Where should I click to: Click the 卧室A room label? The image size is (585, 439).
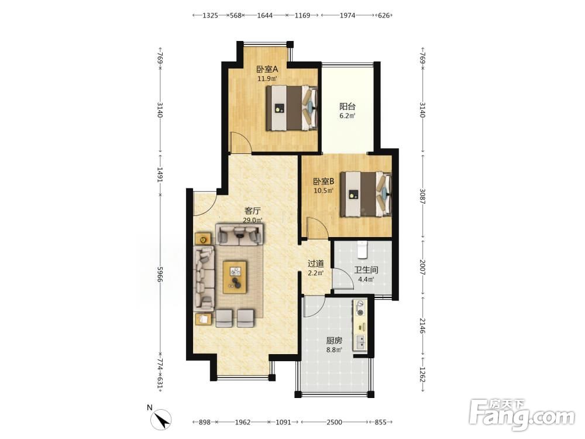(267, 70)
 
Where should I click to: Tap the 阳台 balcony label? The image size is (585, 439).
(347, 107)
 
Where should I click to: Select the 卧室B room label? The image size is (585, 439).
(324, 182)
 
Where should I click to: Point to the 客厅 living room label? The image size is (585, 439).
(253, 211)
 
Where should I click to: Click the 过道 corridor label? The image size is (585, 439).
(316, 264)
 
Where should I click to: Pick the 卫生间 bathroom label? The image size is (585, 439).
(366, 270)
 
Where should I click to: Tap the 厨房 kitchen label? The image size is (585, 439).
(334, 341)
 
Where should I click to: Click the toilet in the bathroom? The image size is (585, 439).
(362, 250)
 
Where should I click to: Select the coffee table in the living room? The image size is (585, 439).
(235, 277)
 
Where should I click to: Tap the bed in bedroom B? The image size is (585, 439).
(366, 194)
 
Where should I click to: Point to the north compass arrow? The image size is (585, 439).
(161, 420)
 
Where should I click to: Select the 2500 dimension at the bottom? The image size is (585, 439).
(334, 422)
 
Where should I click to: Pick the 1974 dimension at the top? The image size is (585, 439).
(347, 15)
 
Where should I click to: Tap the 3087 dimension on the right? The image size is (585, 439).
(422, 196)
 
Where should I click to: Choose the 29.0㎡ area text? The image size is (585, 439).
(253, 220)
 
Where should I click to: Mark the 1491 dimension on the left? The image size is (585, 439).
(160, 174)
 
